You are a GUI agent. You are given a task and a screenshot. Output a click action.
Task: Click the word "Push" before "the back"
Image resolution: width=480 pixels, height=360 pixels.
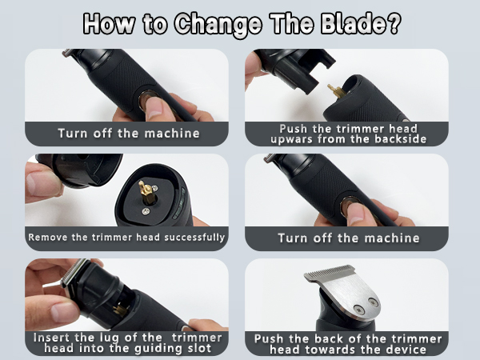point(268,338)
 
